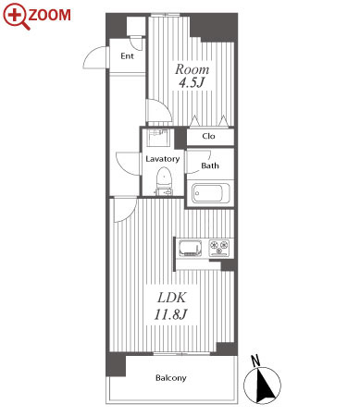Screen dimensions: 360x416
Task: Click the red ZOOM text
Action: click(50, 15)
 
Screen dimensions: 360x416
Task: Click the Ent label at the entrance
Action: click(127, 56)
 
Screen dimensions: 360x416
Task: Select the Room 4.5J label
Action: click(192, 76)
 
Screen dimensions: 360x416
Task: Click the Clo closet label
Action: click(208, 136)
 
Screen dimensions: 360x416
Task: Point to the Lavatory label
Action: click(163, 159)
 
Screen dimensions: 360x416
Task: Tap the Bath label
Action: click(210, 165)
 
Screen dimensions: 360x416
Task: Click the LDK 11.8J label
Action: click(170, 306)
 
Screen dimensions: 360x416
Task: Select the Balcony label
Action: click(171, 378)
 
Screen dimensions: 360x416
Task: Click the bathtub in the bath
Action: click(210, 193)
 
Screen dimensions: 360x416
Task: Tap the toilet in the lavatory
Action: click(164, 181)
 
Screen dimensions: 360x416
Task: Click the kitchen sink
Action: click(191, 248)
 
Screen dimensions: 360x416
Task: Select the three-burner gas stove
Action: click(219, 248)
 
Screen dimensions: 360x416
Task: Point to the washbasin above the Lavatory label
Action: click(158, 138)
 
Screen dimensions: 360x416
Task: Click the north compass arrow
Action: click(265, 385)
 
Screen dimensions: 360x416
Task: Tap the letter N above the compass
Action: click(255, 361)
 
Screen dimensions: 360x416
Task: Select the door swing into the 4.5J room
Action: click(159, 110)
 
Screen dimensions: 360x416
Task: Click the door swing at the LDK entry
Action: click(125, 210)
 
